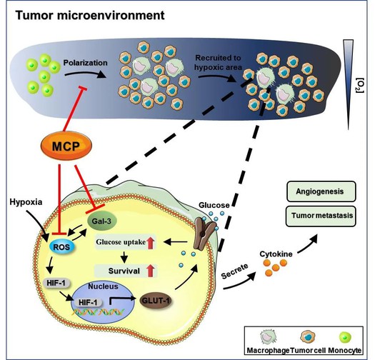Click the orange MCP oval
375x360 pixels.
tap(66, 146)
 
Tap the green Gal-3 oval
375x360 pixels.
tap(101, 221)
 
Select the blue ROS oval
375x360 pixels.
tap(61, 246)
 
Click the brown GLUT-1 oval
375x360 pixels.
tap(156, 301)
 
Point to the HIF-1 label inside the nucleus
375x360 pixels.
tap(88, 303)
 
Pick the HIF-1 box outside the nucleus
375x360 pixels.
tap(56, 284)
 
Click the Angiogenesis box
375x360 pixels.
tap(321, 191)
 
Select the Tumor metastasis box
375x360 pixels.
tap(321, 216)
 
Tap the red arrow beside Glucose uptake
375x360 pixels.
tap(151, 243)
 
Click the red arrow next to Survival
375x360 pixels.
tap(151, 271)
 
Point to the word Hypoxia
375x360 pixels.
tap(26, 202)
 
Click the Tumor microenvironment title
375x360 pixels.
tap(90, 15)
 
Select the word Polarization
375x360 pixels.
tap(86, 63)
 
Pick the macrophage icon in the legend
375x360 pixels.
tap(268, 336)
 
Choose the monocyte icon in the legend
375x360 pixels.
tap(345, 337)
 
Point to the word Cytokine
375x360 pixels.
tap(276, 254)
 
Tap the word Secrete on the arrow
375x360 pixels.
tap(234, 271)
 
